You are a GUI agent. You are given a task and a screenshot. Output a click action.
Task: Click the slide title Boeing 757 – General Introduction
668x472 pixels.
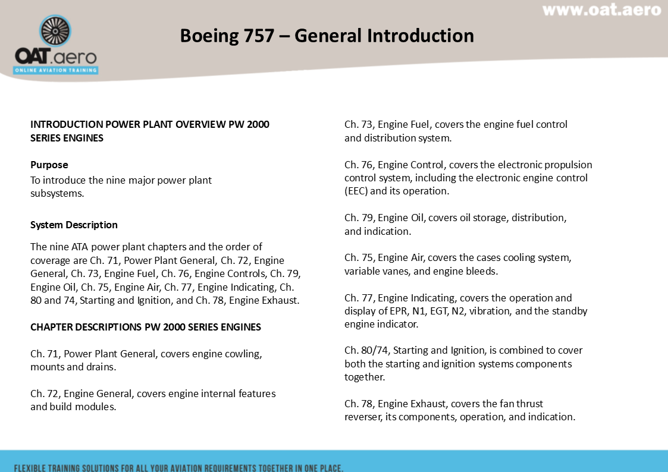(327, 36)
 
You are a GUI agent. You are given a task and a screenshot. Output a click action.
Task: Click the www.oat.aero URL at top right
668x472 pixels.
(601, 10)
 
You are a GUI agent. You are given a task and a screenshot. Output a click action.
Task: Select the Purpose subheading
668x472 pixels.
(49, 165)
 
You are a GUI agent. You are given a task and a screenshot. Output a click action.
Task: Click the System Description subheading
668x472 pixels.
(74, 225)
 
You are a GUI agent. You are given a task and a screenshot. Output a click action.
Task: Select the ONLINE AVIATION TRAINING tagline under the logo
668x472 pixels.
(56, 70)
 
